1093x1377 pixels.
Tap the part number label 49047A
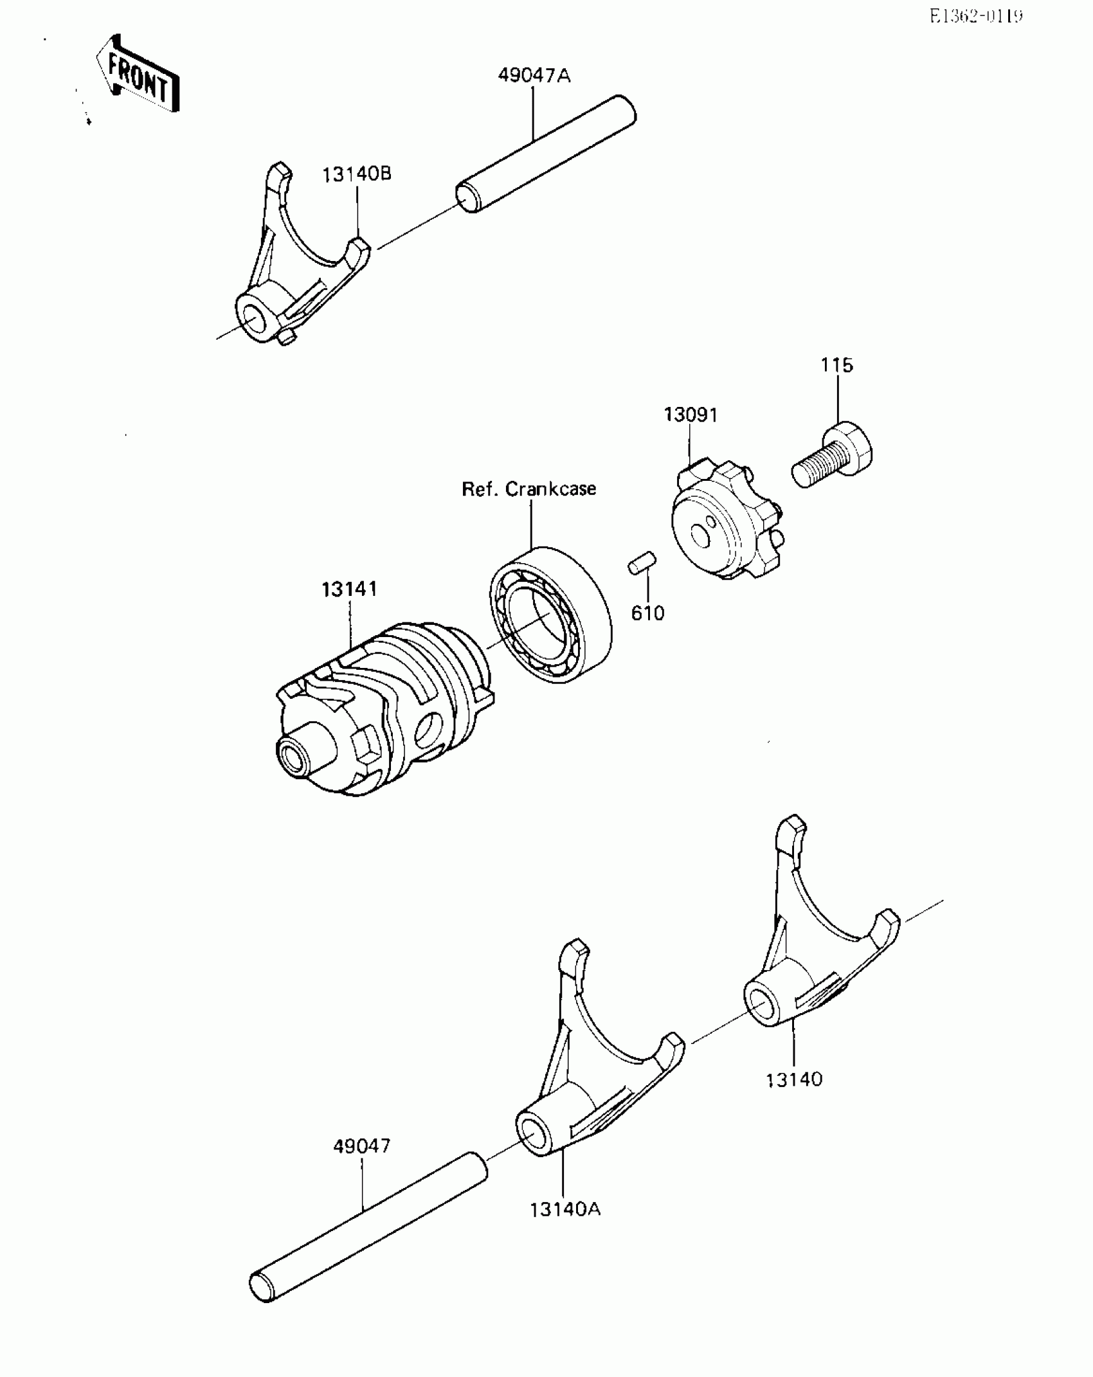coord(534,76)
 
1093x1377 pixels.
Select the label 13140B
coord(357,174)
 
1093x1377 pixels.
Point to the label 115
coord(836,365)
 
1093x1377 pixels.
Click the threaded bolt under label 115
coord(833,457)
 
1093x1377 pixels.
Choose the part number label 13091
coord(691,415)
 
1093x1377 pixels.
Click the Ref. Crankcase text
coord(528,489)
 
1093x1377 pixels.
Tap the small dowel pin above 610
coord(642,562)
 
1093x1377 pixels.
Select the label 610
coord(647,613)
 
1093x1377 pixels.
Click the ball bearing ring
coord(550,614)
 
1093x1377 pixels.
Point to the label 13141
coord(349,589)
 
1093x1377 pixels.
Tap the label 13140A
coord(565,1209)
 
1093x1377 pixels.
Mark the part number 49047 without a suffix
coord(361,1146)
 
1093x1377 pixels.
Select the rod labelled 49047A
coord(546,154)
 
